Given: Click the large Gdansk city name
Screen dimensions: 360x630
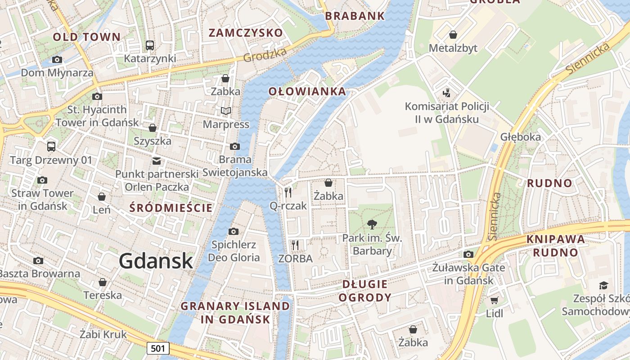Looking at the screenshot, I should (156, 261).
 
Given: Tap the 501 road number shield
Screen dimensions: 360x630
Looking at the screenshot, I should (157, 348).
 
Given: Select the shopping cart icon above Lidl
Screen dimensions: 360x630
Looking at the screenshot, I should (494, 300).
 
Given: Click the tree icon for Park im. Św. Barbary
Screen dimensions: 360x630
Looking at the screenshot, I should (372, 224).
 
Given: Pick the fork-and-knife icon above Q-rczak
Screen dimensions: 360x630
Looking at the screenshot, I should (288, 192).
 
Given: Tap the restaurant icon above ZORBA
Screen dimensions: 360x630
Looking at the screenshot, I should (295, 245).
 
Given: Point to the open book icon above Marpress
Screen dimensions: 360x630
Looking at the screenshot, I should (225, 111).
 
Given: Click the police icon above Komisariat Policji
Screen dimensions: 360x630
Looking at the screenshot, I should (446, 93).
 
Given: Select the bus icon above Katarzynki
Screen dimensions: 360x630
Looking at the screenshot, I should (150, 45).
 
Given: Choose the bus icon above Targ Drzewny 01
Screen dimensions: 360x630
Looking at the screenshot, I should (51, 146).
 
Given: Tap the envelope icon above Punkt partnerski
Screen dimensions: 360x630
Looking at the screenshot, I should (157, 161).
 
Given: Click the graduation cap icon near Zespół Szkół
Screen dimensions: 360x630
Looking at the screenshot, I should (603, 285).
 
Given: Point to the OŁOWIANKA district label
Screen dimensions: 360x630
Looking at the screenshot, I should (307, 91).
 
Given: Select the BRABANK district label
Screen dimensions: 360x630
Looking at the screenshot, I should (355, 16).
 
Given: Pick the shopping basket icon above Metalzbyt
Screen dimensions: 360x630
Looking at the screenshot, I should (453, 35).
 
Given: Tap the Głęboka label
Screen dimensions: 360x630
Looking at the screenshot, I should (521, 137).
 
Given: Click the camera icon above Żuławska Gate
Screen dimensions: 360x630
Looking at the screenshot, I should (468, 254).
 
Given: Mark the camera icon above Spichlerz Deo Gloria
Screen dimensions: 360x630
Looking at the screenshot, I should (233, 231).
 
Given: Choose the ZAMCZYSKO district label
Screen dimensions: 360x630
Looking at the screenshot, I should (246, 32).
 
